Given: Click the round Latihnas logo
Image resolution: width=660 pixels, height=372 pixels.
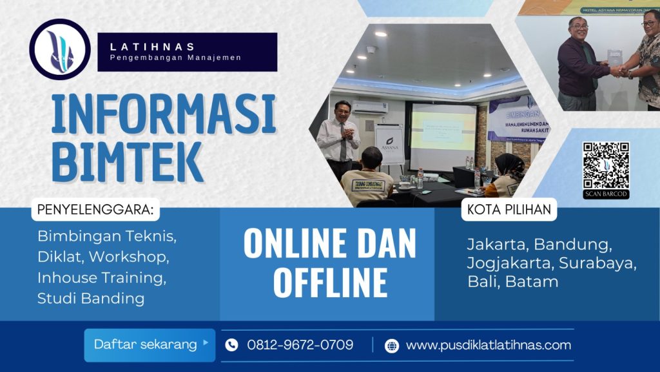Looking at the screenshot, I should point(59,50).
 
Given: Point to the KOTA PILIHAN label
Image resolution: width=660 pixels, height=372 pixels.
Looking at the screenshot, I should point(509,210).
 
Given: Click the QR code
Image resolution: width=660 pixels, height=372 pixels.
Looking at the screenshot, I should point(605,165).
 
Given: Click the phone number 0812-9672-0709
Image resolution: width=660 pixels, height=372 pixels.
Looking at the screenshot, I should point(300,345).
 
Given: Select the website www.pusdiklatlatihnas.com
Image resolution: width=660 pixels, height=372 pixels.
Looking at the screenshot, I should point(488,345).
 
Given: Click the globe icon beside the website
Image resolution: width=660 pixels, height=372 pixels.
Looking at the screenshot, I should point(392,346).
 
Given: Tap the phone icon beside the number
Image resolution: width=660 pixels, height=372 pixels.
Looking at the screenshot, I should point(231,345).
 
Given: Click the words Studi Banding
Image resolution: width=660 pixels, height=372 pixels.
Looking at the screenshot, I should point(91,298).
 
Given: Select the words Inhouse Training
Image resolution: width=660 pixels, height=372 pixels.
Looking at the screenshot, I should point(102,278).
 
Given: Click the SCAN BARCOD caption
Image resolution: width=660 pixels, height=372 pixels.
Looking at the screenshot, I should point(605,194).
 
